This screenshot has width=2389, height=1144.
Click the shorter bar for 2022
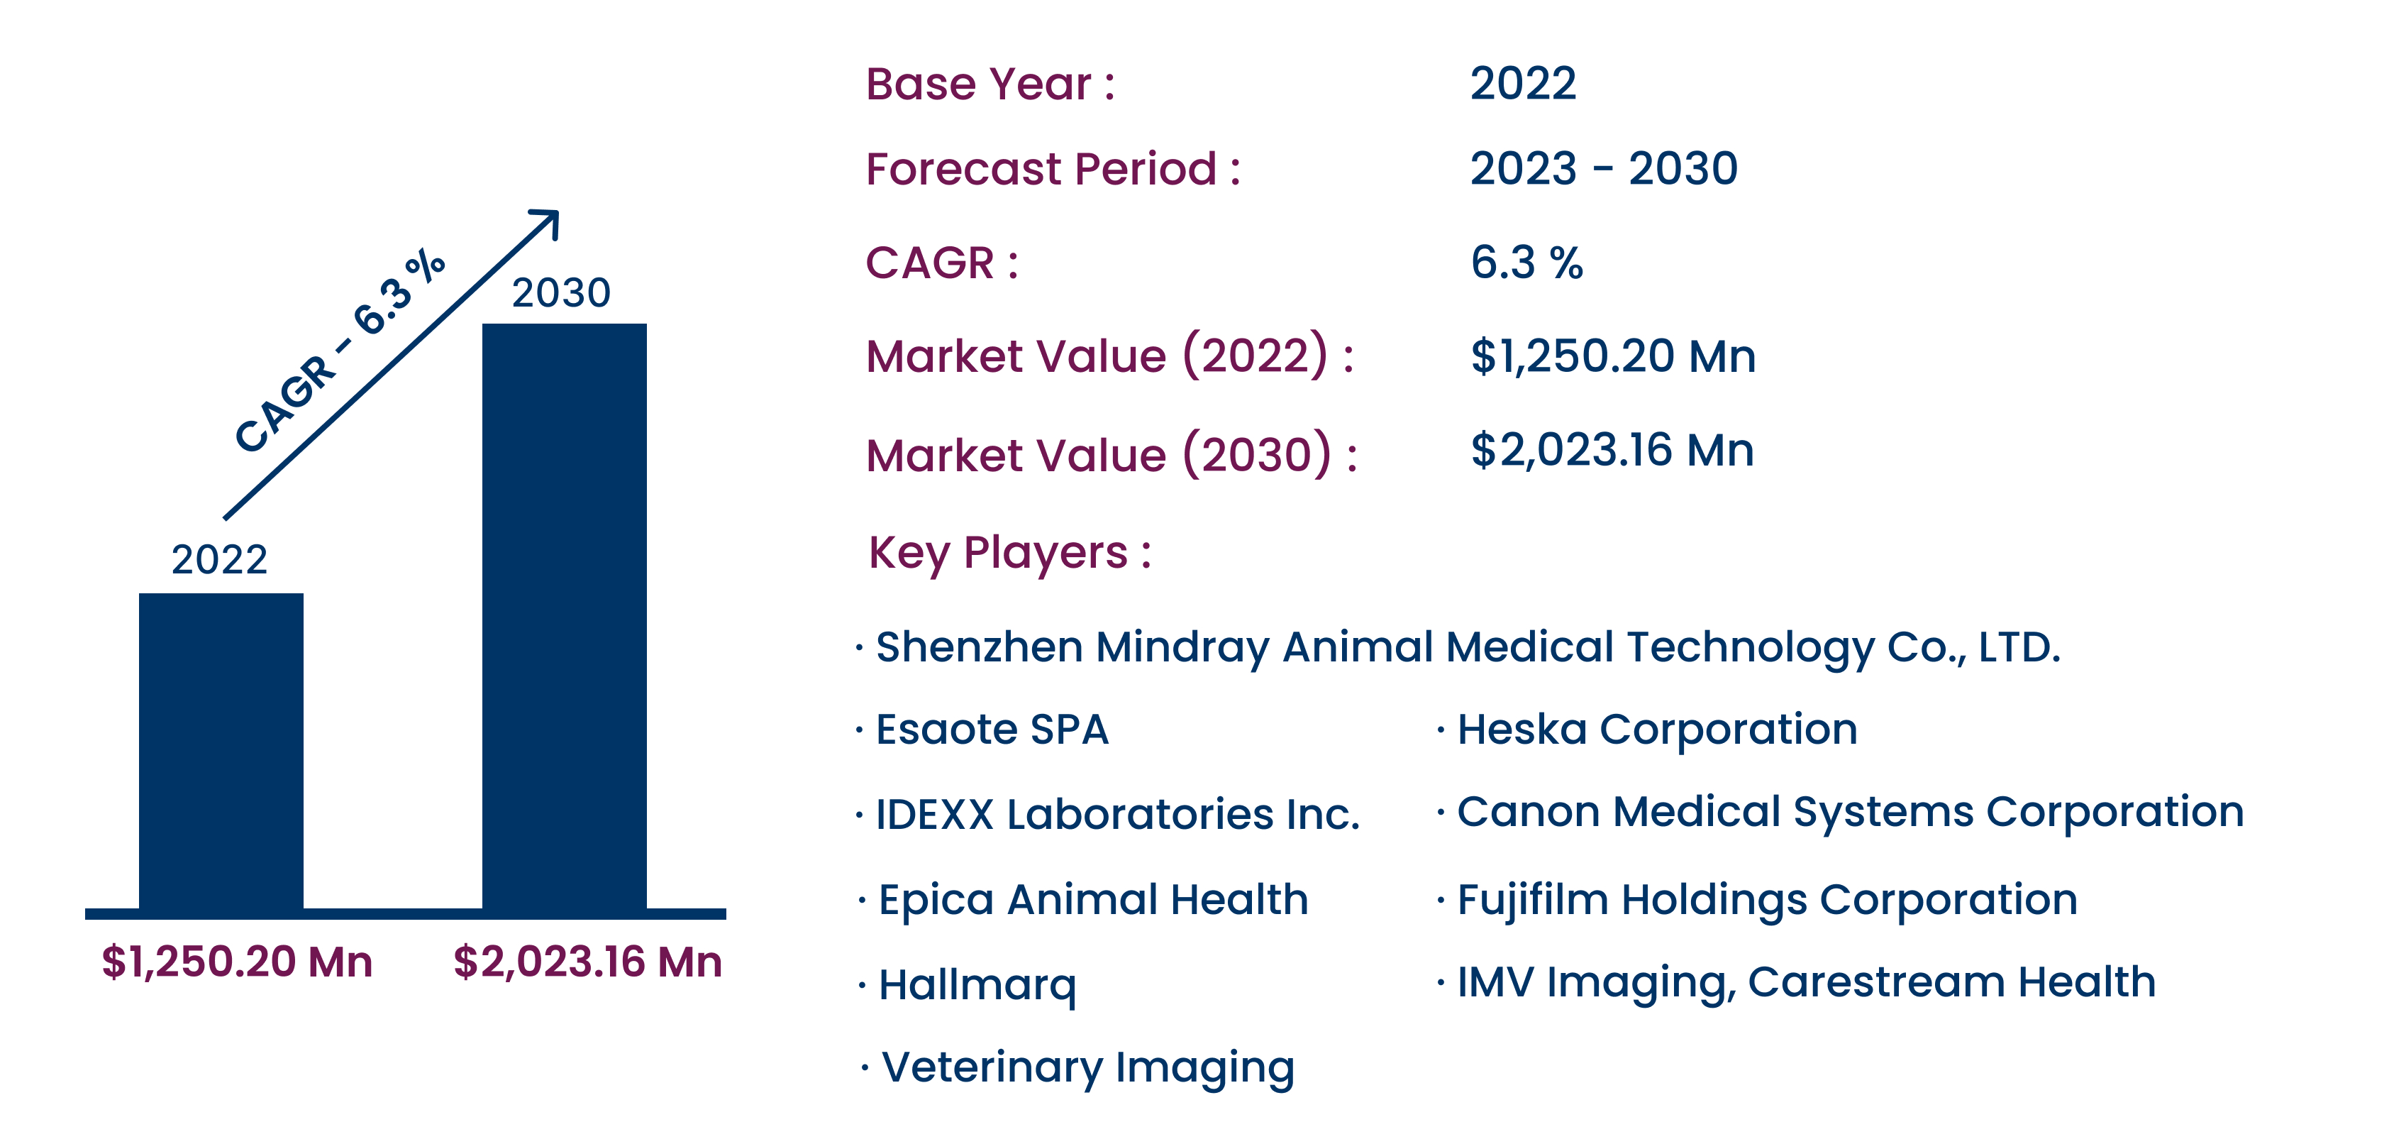221,751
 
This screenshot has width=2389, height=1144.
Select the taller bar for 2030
564,616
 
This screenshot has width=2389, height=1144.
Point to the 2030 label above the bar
561,292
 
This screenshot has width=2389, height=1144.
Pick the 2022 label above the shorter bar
220,559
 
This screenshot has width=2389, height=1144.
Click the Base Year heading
990,84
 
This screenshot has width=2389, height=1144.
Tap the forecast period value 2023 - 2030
1604,168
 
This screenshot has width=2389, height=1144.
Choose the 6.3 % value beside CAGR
1526,263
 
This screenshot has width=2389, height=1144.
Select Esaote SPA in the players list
992,730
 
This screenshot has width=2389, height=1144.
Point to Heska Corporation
1657,730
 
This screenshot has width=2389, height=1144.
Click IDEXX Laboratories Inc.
1117,815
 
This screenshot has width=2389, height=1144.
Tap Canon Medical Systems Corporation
1850,813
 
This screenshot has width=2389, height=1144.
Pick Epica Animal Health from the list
1093,900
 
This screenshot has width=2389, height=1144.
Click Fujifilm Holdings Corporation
1767,900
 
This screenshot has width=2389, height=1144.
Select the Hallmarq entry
977,985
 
